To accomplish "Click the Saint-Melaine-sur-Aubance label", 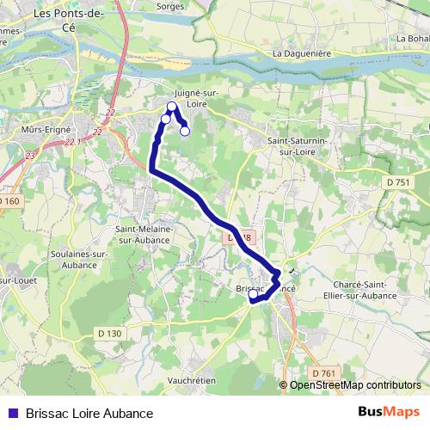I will point(144,235).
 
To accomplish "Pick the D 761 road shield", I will point(323,372).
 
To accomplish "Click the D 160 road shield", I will point(6,200).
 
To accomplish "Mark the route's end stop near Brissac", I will point(253,294).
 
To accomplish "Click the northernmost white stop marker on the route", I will point(172,107).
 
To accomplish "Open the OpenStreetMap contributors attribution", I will point(354,384).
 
